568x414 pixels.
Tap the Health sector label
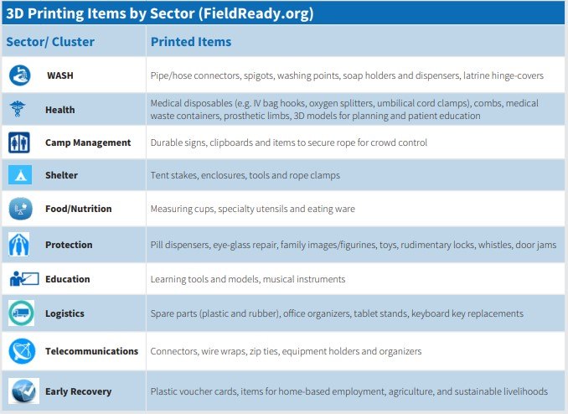59,110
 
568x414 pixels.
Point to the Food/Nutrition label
78,209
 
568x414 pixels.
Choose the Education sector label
67,279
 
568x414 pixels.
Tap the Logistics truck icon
19,313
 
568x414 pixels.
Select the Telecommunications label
91,351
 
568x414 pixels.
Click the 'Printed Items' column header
191,42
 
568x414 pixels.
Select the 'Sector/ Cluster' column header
50,42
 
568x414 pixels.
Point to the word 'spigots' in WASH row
266,75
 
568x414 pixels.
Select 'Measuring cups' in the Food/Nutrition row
184,209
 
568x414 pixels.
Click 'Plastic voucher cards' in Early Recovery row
194,391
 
